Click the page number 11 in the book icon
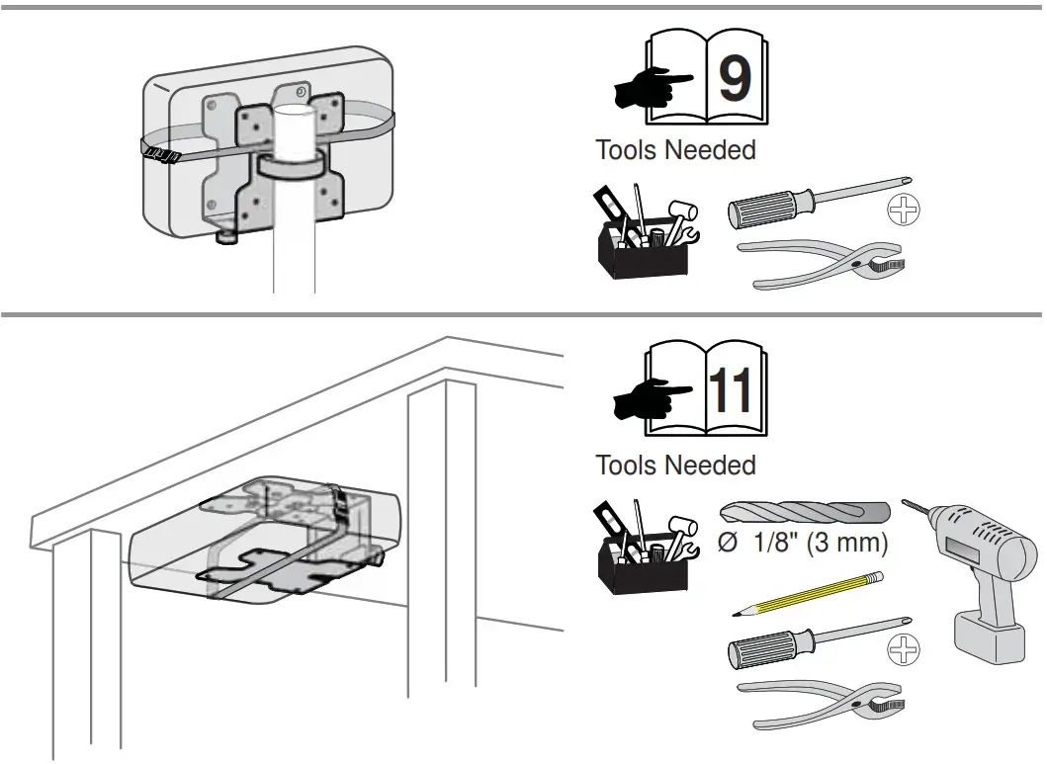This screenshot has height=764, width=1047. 733,391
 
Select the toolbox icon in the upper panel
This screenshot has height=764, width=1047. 643,234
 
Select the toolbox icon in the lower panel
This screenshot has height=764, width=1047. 643,546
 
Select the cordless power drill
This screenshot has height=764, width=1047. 979,573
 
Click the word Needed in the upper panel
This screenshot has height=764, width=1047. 710,150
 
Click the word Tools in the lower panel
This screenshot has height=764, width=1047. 626,465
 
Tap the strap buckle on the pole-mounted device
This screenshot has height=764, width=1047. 158,153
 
